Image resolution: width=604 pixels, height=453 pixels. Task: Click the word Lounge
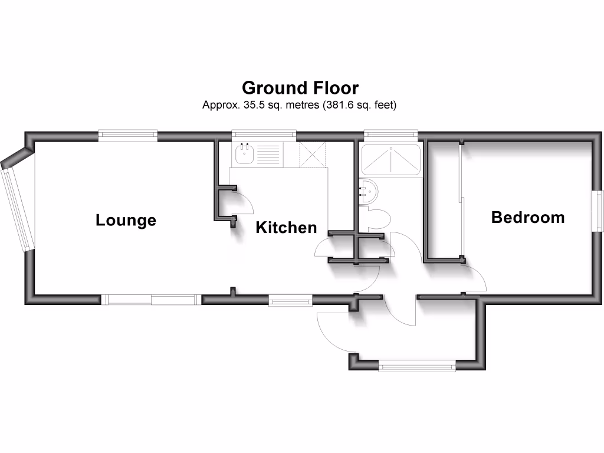pyautogui.click(x=126, y=221)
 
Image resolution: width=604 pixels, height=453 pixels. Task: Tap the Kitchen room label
pyautogui.click(x=286, y=228)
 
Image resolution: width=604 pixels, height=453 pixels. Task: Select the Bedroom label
pyautogui.click(x=528, y=218)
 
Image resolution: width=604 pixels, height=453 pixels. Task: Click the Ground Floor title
pyautogui.click(x=300, y=88)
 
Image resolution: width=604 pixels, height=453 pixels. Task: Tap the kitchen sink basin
pyautogui.click(x=244, y=155)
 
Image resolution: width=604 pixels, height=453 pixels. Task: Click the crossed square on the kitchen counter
pyautogui.click(x=312, y=155)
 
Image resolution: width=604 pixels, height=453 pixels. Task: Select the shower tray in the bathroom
pyautogui.click(x=390, y=159)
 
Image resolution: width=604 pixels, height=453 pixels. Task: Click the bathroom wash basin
pyautogui.click(x=369, y=191)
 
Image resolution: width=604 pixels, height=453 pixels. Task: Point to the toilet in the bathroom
pyautogui.click(x=377, y=219)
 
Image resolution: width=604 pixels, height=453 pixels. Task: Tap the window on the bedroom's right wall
pyautogui.click(x=599, y=211)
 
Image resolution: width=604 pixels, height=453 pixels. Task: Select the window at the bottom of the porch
pyautogui.click(x=418, y=366)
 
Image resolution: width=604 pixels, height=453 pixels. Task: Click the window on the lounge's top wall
pyautogui.click(x=128, y=135)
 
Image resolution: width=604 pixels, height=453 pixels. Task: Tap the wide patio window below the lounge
pyautogui.click(x=151, y=300)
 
